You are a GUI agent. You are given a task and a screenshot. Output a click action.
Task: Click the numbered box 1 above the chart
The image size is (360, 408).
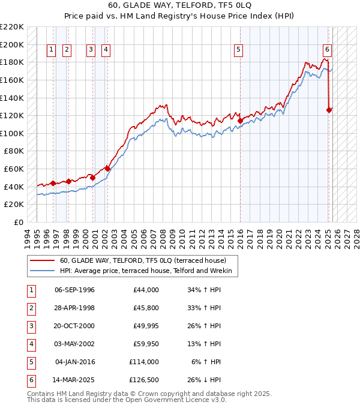point(51,50)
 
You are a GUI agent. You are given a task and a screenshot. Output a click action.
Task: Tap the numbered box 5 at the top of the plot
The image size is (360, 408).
point(239,50)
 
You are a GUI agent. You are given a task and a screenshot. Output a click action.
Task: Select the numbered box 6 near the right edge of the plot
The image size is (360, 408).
point(327,50)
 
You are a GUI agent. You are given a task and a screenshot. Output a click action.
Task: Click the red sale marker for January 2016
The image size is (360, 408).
point(240,121)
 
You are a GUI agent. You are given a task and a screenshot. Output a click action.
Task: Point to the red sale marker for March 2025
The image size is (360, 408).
point(329,110)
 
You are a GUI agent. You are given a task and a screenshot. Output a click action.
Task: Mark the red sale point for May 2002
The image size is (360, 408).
point(107,169)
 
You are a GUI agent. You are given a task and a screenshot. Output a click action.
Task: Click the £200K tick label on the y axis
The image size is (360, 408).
point(13,44)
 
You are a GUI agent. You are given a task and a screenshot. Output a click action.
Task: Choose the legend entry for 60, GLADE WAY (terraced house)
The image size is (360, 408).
point(143,260)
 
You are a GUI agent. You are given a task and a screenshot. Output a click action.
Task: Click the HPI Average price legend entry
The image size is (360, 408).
point(149,271)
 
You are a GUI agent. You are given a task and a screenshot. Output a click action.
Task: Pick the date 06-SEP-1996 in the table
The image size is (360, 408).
point(74,290)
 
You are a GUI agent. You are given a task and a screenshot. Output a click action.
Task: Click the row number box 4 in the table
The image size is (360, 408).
point(29,344)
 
